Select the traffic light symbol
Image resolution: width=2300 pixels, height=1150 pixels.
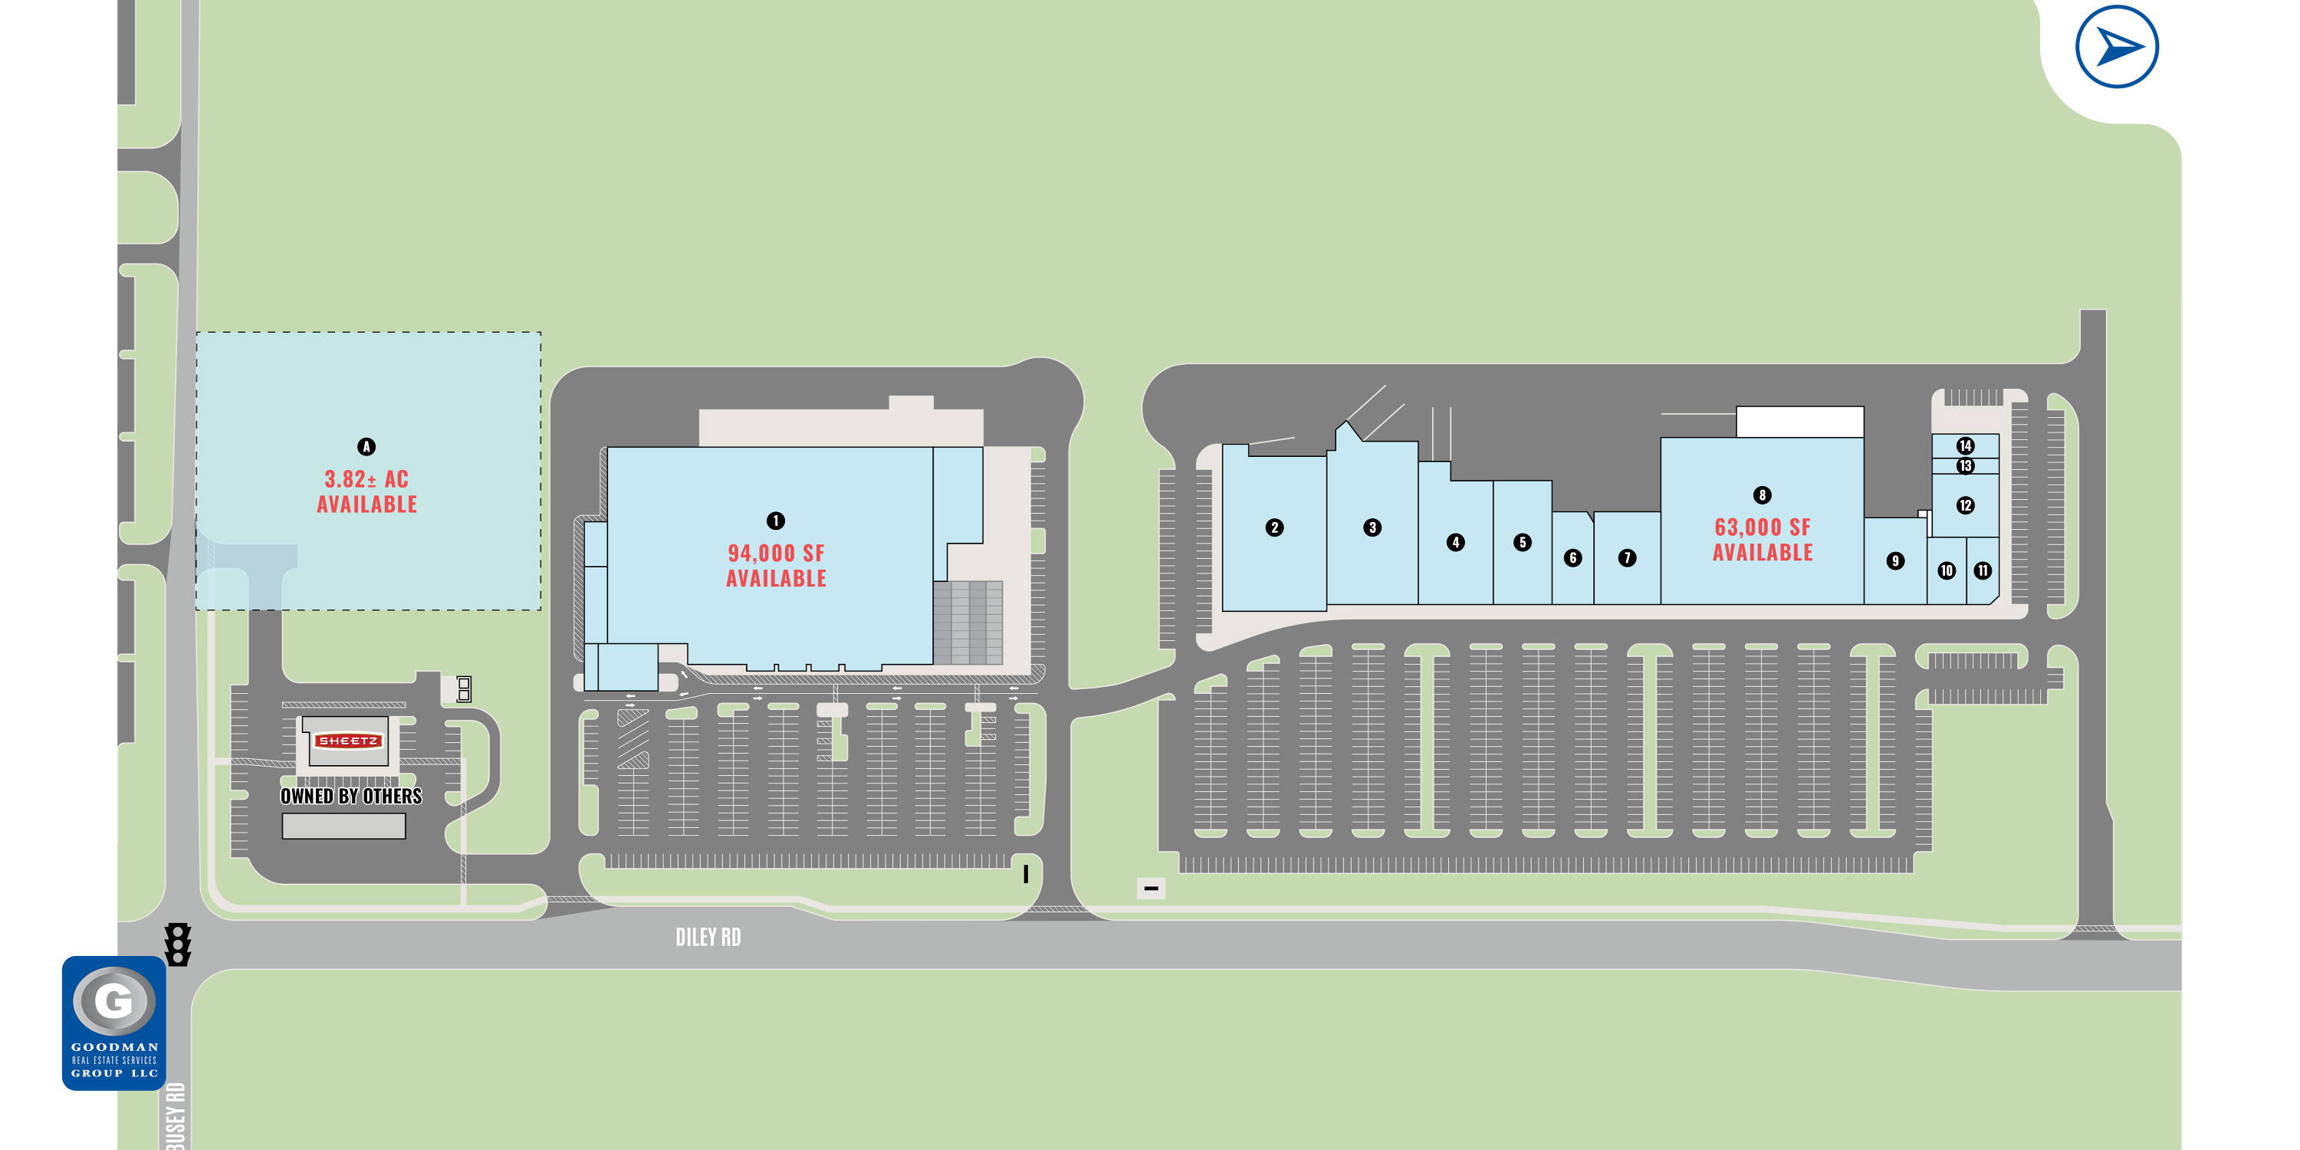point(178,944)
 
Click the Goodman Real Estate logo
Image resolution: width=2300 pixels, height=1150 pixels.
point(113,1022)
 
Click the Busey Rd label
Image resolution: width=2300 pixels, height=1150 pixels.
point(175,1116)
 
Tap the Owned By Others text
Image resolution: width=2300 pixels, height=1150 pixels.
point(351,797)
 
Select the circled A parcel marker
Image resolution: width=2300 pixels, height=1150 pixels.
point(366,446)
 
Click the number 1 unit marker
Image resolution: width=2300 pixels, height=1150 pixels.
point(775,521)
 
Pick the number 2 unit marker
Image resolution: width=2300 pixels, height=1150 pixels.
point(1274,527)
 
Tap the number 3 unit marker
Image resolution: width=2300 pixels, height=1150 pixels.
point(1372,527)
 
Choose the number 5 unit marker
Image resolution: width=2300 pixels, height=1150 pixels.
point(1523,542)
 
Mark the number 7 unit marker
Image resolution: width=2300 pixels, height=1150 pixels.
point(1627,558)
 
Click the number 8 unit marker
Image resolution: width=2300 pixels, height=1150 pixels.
point(1762,495)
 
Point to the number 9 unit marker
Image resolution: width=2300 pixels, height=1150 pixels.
point(1894,560)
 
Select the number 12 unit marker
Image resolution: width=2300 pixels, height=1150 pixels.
point(1964,505)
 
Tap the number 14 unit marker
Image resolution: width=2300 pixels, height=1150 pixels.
point(1964,445)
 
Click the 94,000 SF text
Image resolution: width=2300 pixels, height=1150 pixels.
point(776,554)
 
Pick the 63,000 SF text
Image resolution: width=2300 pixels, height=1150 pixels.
point(1763,527)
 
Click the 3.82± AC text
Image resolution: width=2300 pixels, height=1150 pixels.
point(366,479)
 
